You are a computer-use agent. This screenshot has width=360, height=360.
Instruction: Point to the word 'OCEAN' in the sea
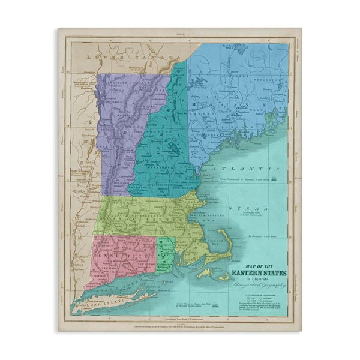(x=246, y=207)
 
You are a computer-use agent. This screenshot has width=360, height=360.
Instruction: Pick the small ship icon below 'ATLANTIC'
(x=275, y=178)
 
